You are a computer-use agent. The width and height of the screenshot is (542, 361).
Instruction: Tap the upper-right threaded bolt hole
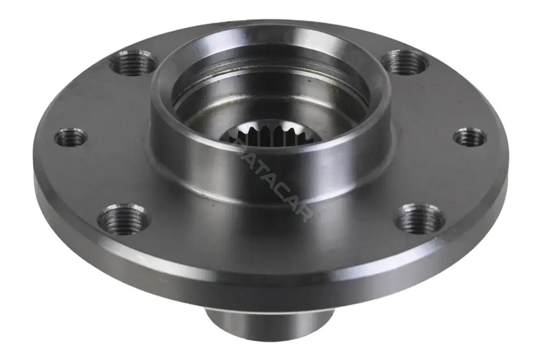[406, 62]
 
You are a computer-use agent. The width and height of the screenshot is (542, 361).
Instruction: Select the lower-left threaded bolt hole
[124, 219]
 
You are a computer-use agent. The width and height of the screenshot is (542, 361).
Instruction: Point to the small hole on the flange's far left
[71, 137]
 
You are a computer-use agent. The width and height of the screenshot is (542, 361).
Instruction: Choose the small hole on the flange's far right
[470, 137]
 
